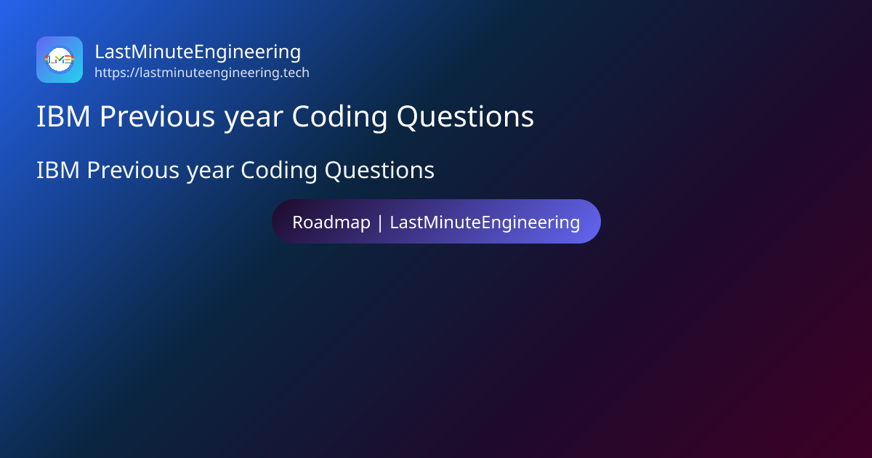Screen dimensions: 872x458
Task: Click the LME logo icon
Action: tap(60, 60)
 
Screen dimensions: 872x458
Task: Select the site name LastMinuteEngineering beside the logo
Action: tap(198, 52)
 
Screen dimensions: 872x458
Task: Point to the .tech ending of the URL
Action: tap(295, 73)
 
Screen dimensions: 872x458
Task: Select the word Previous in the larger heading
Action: tap(157, 116)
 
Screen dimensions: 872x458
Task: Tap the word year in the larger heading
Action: tap(254, 119)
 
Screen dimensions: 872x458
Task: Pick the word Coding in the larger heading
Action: tap(339, 118)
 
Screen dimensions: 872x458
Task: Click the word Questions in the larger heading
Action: tap(465, 116)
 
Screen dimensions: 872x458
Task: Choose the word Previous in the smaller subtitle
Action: tap(133, 170)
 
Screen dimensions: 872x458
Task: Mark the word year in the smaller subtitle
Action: tap(210, 173)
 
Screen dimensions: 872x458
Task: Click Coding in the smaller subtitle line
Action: tap(279, 172)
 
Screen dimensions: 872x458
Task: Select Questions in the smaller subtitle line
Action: tap(379, 170)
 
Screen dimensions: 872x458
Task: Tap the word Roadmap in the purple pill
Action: tap(331, 222)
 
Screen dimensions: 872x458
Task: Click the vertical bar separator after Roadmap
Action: tap(380, 222)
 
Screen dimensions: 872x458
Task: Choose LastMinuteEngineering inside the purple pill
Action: tap(485, 222)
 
